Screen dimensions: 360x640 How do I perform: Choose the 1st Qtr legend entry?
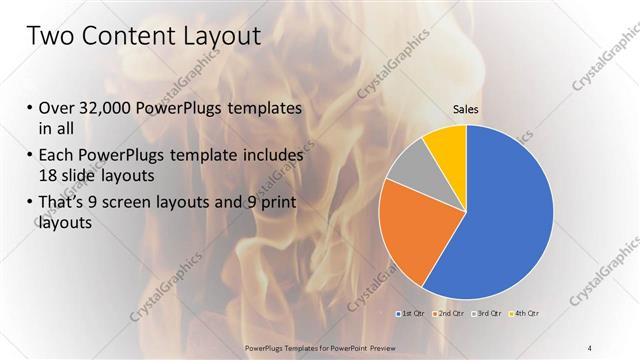(410, 313)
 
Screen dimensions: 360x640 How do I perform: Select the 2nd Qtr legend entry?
(447, 313)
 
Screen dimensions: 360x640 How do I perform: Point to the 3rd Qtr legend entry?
(488, 313)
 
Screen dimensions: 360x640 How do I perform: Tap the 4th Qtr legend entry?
(527, 313)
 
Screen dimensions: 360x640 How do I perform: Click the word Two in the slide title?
(50, 37)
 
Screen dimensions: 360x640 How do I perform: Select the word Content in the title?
(130, 37)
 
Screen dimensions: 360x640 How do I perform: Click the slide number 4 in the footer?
(590, 347)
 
